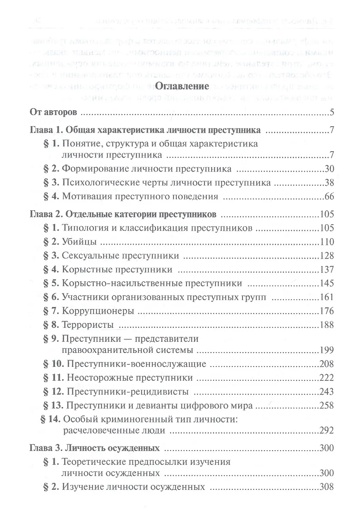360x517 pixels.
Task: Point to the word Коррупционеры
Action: (91, 311)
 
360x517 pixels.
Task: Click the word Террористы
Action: (84, 325)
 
